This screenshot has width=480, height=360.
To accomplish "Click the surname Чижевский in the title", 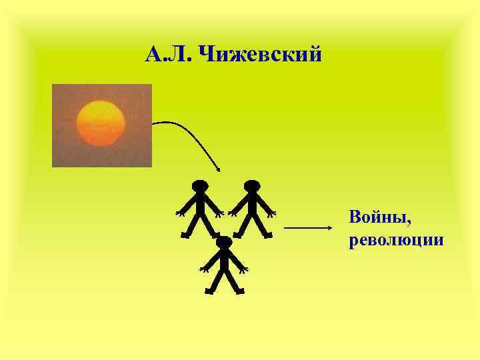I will point(260,53).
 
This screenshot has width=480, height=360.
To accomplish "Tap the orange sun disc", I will point(101,123).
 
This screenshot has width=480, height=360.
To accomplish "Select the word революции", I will point(396,239).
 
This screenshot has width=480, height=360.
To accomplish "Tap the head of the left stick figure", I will point(199,186).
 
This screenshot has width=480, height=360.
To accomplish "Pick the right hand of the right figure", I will point(271,213).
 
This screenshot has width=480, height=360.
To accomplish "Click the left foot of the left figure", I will point(185,235).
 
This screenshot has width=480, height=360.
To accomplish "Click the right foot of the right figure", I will point(267,235).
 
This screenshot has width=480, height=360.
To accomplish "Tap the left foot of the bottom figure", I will point(210,291).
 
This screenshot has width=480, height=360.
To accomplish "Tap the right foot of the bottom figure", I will point(240,291).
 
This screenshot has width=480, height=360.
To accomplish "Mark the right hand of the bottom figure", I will point(244,269).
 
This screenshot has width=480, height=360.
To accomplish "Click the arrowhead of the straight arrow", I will point(329,228).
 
